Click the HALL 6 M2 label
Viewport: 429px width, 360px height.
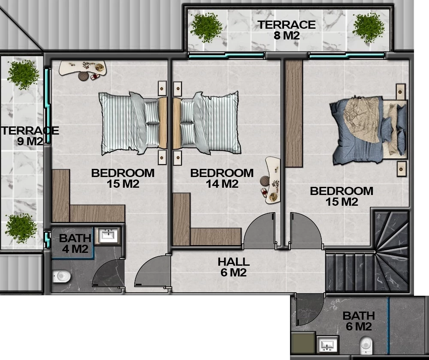234,267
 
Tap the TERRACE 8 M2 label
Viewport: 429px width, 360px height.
287,30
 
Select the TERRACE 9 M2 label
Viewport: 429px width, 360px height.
30,136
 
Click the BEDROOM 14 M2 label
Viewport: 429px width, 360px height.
222,178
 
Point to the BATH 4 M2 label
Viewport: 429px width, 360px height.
75,243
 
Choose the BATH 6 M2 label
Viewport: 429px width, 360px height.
359,321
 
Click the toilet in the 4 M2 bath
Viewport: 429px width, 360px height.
61,276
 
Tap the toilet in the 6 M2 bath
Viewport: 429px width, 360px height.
366,345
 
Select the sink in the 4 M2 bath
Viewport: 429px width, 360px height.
109,236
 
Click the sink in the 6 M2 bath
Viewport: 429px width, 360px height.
328,345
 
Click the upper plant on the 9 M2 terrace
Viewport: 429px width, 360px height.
23,74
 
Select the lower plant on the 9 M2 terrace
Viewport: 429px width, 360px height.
21,228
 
